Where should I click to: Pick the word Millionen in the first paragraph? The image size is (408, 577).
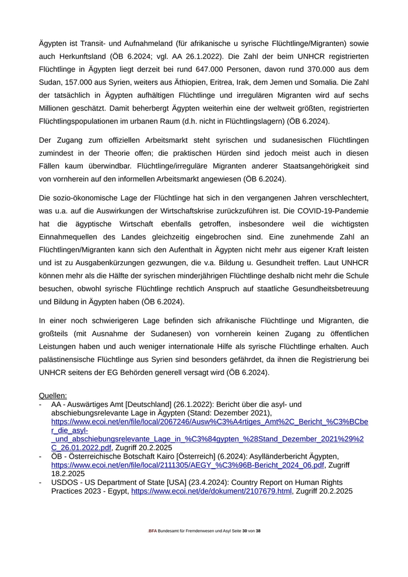pyautogui.click(x=57, y=108)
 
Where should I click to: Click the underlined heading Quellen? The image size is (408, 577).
pyautogui.click(x=53, y=395)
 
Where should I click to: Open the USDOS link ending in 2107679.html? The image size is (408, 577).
pyautogui.click(x=212, y=491)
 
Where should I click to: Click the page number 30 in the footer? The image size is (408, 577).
pyautogui.click(x=245, y=532)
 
